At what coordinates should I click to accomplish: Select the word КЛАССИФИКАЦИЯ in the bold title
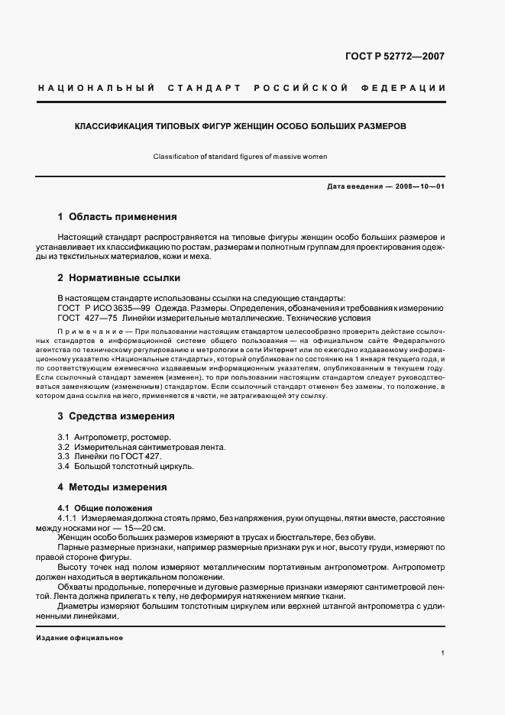tap(111, 125)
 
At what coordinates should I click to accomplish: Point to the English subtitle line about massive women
tap(240, 157)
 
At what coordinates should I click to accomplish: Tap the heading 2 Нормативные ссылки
tap(120, 279)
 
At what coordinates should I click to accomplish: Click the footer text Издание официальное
tap(79, 638)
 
